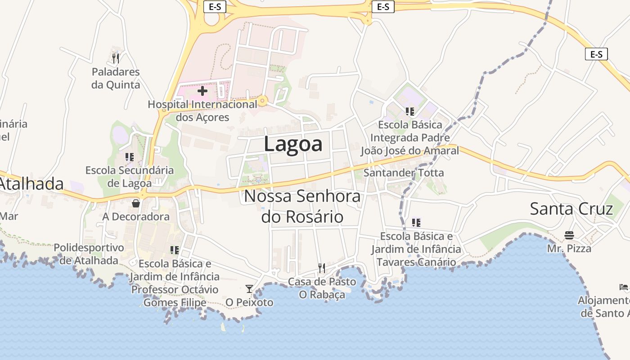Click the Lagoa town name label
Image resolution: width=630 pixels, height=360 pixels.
(x=293, y=144)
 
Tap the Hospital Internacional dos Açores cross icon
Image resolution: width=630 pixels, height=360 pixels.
(x=202, y=91)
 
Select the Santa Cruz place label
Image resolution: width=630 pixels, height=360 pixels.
(x=571, y=209)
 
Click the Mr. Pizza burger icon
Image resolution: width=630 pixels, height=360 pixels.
(x=569, y=235)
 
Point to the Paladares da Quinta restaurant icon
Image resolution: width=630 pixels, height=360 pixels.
(x=116, y=58)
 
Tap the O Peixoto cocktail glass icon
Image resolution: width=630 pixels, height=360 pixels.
(x=249, y=289)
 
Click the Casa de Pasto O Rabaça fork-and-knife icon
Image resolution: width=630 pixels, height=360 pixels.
(x=322, y=268)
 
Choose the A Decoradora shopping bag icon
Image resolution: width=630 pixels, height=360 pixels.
(x=136, y=203)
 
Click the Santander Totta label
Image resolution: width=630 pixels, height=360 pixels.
(x=403, y=172)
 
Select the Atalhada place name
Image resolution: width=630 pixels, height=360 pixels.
(x=31, y=184)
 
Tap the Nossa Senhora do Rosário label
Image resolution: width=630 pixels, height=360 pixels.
(x=302, y=207)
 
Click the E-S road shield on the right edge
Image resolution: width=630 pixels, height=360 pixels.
(x=596, y=54)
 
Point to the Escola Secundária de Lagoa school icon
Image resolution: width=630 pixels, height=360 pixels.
(x=130, y=157)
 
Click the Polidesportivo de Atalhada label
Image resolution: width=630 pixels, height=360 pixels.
(x=89, y=254)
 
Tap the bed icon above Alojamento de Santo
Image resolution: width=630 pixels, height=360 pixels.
(x=624, y=287)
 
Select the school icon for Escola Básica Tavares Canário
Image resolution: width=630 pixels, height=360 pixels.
(x=416, y=222)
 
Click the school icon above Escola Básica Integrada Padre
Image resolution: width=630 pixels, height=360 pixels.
(x=409, y=111)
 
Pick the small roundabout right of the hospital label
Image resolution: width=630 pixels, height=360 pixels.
(x=263, y=101)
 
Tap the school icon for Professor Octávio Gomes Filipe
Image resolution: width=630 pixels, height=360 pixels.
(x=175, y=250)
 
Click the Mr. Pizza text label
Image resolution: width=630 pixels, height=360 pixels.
(x=569, y=248)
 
